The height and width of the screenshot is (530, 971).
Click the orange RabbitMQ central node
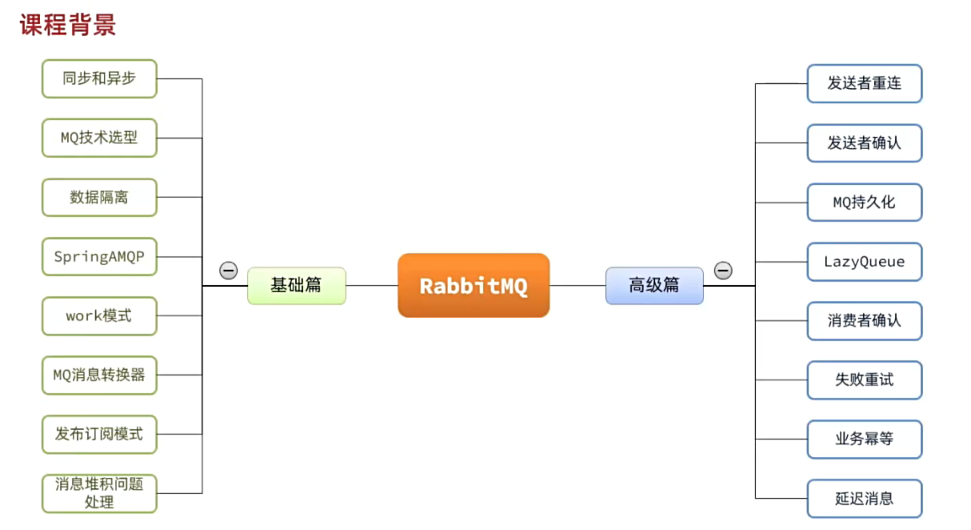point(474,286)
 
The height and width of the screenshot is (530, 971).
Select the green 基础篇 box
point(296,286)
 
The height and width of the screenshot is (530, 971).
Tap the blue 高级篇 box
point(654,286)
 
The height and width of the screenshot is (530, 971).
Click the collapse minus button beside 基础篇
point(229,271)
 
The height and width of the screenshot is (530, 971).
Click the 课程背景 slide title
point(68,24)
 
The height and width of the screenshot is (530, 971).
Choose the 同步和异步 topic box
point(99,78)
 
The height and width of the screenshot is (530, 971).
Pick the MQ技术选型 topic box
point(99,138)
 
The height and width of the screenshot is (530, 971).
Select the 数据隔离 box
point(99,197)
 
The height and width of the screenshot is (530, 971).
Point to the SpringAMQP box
point(99,256)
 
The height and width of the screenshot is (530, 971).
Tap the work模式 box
point(99,315)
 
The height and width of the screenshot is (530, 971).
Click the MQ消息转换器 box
point(99,375)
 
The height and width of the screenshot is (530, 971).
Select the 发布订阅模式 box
point(99,434)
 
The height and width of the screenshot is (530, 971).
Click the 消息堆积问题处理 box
point(99,493)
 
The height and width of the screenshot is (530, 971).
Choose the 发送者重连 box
point(864,83)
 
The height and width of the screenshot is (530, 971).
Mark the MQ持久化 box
point(864,203)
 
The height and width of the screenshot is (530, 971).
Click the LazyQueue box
point(864,262)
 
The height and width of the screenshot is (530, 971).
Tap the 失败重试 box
point(864,380)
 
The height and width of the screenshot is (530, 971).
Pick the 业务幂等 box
point(864,440)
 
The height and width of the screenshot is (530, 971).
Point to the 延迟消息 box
point(864,499)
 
